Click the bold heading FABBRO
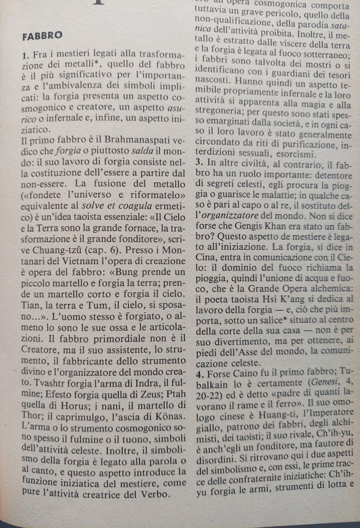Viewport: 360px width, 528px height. [43, 36]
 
